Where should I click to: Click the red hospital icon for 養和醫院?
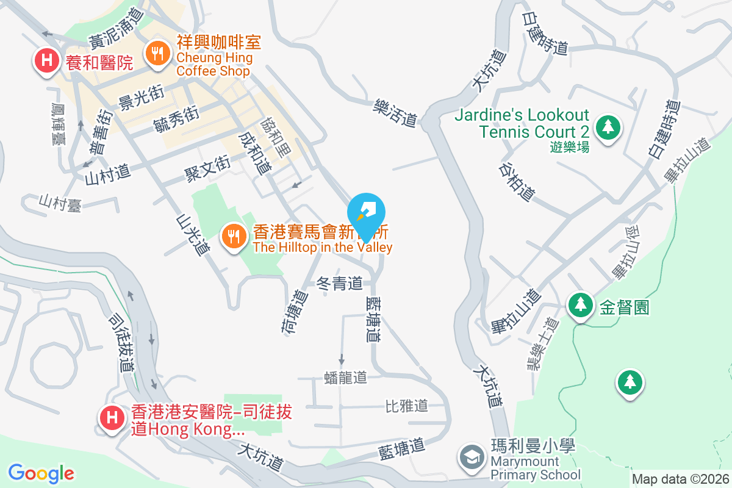[46, 60]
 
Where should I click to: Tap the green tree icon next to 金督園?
[580, 305]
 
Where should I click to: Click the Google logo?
[41, 473]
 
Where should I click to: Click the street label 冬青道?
[340, 284]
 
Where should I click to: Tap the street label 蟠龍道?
[346, 378]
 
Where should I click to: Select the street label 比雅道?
[406, 406]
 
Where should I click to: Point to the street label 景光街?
[142, 98]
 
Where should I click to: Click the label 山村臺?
[59, 203]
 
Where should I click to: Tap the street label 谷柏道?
[517, 182]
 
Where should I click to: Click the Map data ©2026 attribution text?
[680, 479]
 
